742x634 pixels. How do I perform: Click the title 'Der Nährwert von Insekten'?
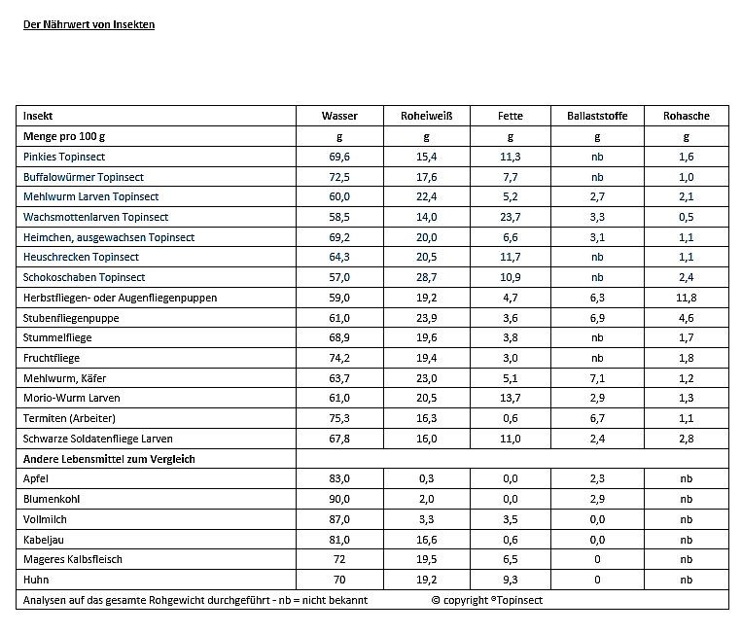pyautogui.click(x=88, y=24)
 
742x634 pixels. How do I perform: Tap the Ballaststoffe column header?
pyautogui.click(x=597, y=116)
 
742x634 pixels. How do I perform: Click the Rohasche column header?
pyautogui.click(x=687, y=116)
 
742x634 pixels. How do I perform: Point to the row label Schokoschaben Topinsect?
pyautogui.click(x=84, y=277)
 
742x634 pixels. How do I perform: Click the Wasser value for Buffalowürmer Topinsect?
pyautogui.click(x=340, y=177)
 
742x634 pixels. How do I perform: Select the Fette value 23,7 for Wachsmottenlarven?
pyautogui.click(x=511, y=217)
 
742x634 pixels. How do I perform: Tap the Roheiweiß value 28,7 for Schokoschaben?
pyautogui.click(x=427, y=277)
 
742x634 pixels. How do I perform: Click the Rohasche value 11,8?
pyautogui.click(x=687, y=298)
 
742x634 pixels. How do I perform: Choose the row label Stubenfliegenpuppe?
pyautogui.click(x=71, y=318)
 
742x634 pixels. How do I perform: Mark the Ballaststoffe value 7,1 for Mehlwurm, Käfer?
pyautogui.click(x=597, y=378)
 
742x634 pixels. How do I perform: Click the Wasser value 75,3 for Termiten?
pyautogui.click(x=340, y=418)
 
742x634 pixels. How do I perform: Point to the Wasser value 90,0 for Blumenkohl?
pyautogui.click(x=340, y=499)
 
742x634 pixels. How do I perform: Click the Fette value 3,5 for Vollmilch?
pyautogui.click(x=511, y=519)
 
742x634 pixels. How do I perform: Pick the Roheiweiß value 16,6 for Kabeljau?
pyautogui.click(x=427, y=539)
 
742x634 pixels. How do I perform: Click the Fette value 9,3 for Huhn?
pyautogui.click(x=511, y=580)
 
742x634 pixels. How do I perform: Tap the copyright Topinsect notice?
pyautogui.click(x=487, y=600)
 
